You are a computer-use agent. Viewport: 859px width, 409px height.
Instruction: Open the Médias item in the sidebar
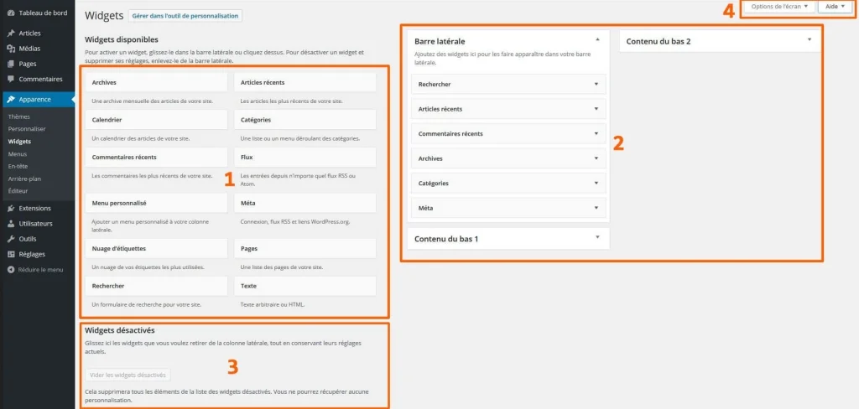[x=29, y=49]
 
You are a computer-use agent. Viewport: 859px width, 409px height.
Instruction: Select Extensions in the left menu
[x=34, y=208]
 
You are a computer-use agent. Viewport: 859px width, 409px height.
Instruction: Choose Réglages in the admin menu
[x=33, y=254]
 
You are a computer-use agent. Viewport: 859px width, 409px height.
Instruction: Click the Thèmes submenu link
[x=19, y=117]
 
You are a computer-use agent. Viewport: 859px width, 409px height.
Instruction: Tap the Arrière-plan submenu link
[x=24, y=179]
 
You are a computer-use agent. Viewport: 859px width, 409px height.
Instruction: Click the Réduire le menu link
[x=40, y=270]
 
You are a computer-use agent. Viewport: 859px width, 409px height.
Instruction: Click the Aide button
[x=835, y=7]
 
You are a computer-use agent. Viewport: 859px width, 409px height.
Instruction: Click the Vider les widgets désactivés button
[x=128, y=375]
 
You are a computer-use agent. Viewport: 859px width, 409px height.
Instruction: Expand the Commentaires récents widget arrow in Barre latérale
[x=596, y=133]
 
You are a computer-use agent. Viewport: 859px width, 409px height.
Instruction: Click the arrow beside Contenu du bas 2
[x=810, y=39]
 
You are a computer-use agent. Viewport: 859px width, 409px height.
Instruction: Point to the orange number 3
[x=233, y=366]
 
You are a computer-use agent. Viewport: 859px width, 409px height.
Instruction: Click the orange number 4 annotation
[x=728, y=11]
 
